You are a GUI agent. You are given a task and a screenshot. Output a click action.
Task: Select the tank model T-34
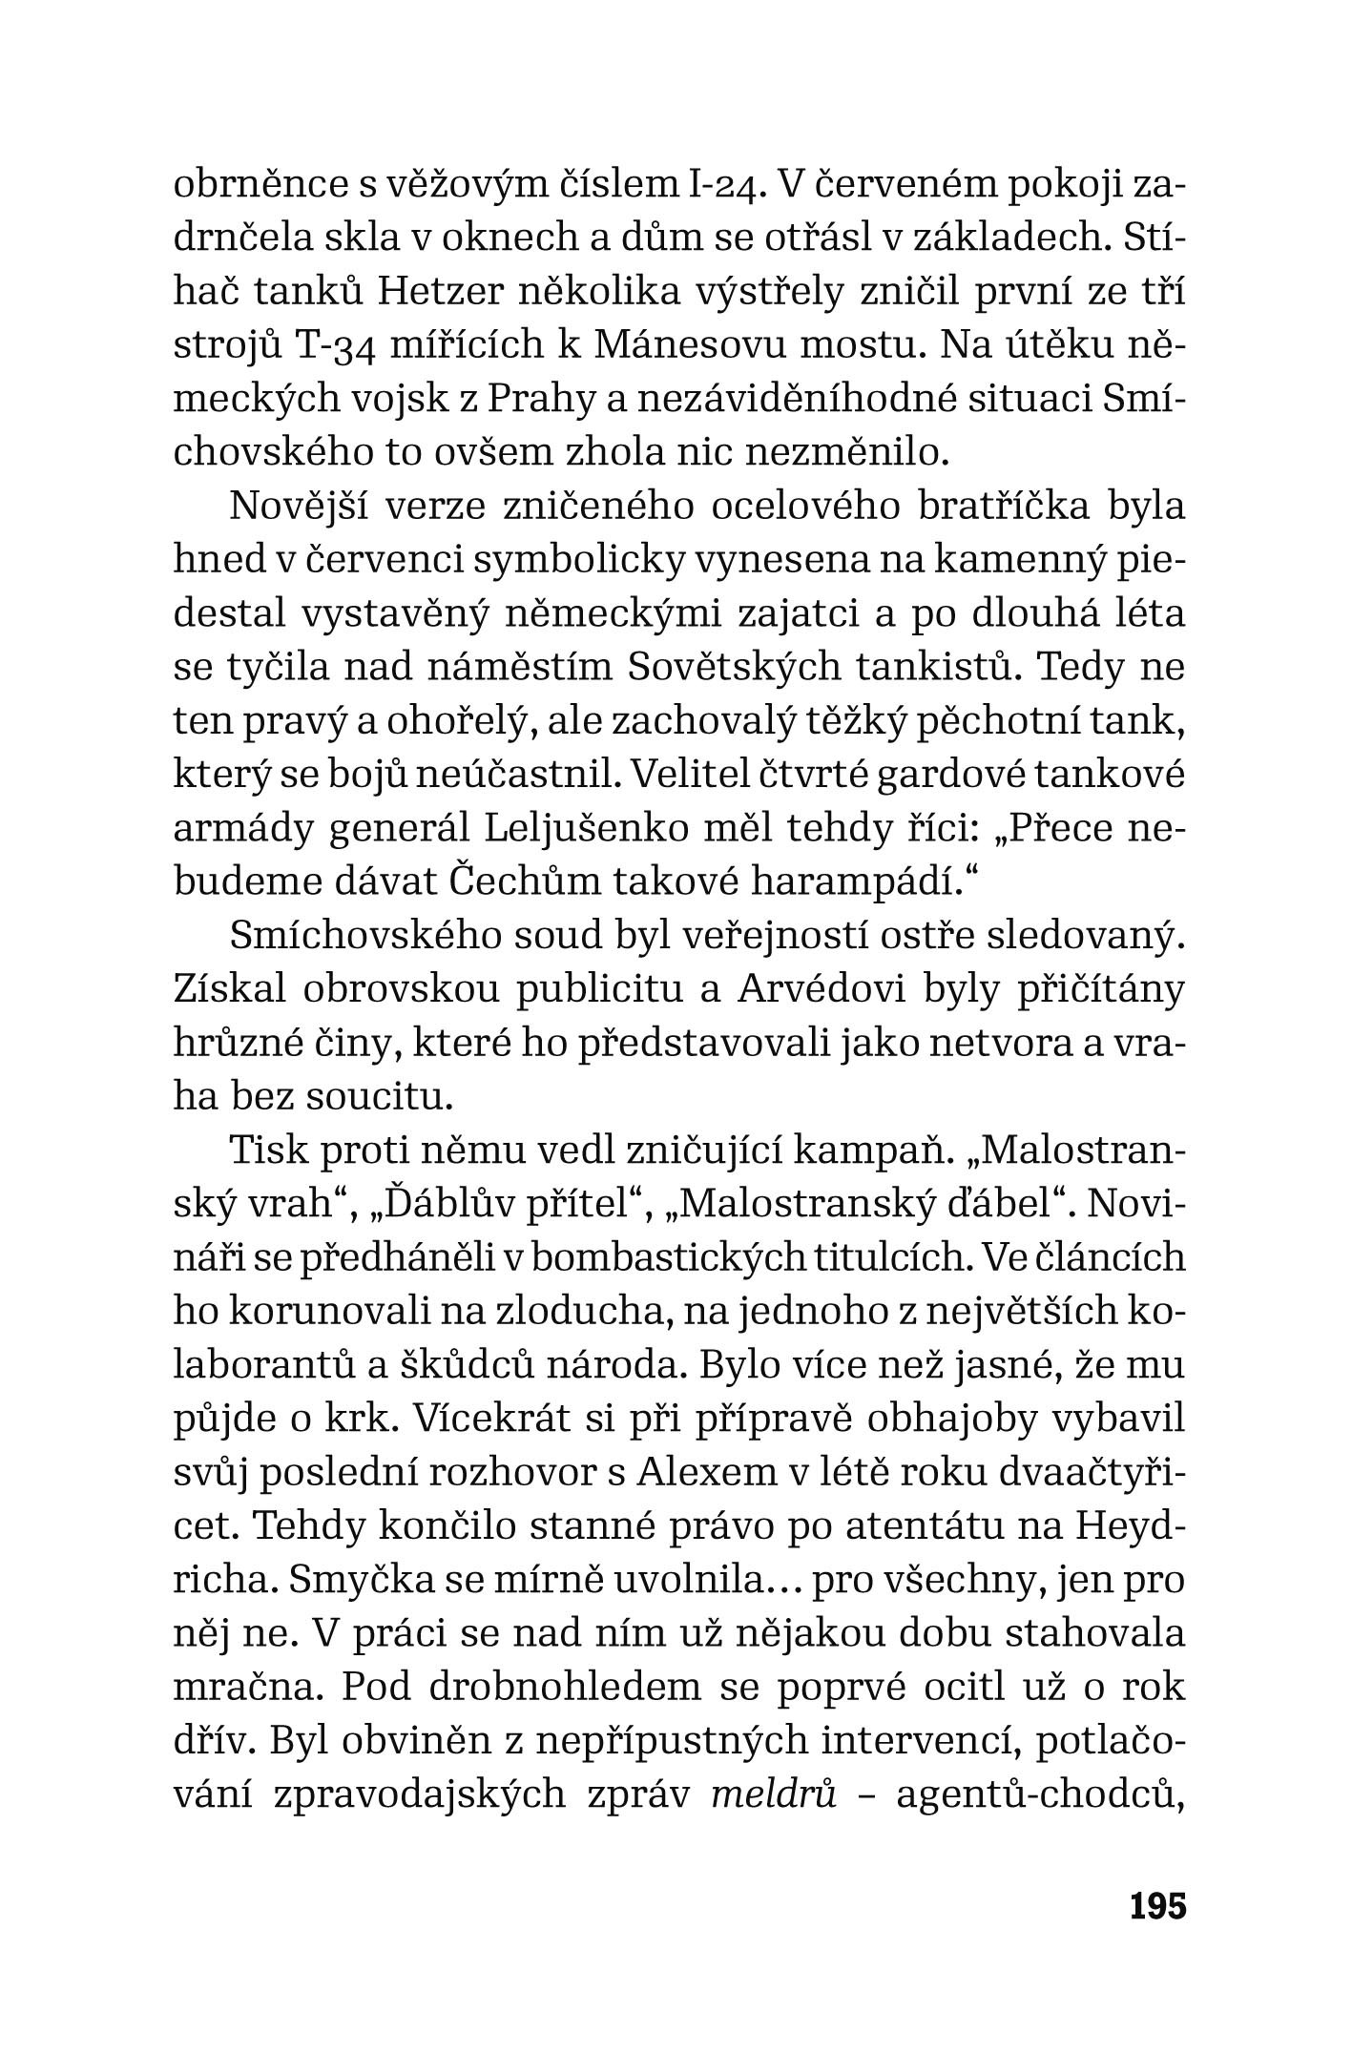coord(327,344)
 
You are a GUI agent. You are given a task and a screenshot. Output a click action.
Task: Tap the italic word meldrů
coord(774,1794)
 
